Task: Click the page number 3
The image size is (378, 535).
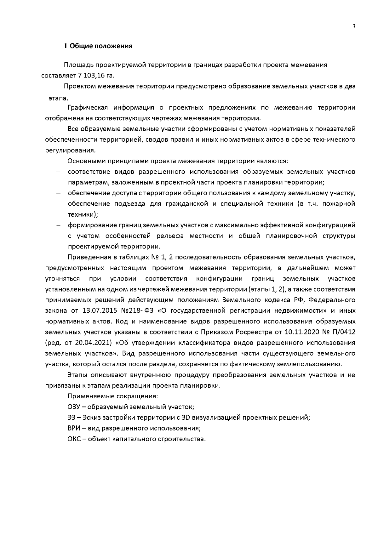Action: [x=353, y=26]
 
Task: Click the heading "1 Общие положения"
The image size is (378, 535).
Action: [x=98, y=46]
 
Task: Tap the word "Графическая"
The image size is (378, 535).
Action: [x=88, y=108]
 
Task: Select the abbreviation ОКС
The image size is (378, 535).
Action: [x=74, y=439]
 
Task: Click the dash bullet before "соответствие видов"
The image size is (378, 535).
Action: [x=58, y=172]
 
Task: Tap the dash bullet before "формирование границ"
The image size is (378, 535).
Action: [x=58, y=225]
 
